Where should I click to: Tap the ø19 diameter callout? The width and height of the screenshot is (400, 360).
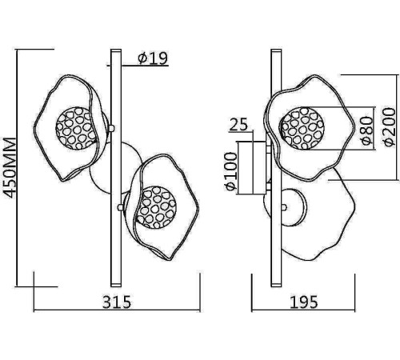pos(153,58)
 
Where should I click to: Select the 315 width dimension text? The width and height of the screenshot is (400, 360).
pos(117,302)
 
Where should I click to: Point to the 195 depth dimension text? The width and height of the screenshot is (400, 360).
pos(304,302)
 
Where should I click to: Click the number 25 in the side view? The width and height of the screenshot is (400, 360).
pos(238,124)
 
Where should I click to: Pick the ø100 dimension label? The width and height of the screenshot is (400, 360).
pos(231,171)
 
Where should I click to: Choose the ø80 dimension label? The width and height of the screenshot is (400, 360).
pos(367,130)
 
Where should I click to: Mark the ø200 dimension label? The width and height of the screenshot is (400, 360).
pos(389,126)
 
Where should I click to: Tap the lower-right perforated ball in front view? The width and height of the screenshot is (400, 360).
pos(155,207)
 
